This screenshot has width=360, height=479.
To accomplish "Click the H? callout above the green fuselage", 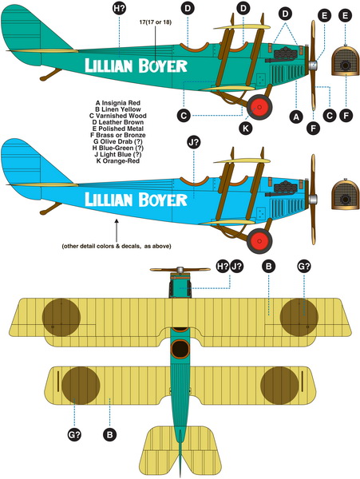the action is point(119,9).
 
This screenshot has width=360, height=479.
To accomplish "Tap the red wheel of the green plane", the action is point(259,107).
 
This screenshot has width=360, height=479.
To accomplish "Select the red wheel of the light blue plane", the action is point(259,241).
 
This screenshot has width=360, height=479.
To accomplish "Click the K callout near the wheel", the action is point(245,129).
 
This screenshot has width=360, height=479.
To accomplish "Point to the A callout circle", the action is point(296,117).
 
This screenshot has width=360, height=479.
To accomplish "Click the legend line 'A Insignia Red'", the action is point(118,103).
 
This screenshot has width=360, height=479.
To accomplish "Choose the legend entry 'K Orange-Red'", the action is point(118,160).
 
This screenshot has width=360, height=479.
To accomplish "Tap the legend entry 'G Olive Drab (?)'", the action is point(118,141).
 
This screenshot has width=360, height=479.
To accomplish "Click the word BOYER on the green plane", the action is point(163,66).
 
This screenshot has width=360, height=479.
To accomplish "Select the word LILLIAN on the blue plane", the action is point(109,199).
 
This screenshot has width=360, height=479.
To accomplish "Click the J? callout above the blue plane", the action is point(194,142).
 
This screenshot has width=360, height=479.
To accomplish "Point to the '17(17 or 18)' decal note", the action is point(156,22).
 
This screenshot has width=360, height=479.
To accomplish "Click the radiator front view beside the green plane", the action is point(346,61).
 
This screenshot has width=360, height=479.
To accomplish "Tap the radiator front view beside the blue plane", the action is point(346,195).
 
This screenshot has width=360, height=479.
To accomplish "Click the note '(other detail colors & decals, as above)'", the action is point(117,246).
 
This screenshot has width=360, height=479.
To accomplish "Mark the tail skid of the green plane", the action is point(50,74).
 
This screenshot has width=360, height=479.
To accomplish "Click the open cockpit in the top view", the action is point(180,349).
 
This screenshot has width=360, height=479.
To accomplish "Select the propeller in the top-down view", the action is point(180,270).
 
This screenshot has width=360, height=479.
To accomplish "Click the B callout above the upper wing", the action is point(268,266).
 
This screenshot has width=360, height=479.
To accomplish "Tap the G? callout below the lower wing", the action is point(74,434).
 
